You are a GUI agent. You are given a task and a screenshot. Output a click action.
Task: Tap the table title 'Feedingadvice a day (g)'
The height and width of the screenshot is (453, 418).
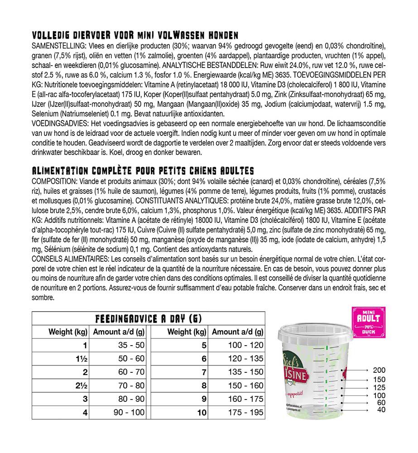(x=149, y=319)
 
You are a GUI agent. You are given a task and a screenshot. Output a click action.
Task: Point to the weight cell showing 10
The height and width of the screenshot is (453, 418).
(x=202, y=413)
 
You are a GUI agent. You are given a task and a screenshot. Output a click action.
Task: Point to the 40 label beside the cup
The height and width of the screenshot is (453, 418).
(x=381, y=410)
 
